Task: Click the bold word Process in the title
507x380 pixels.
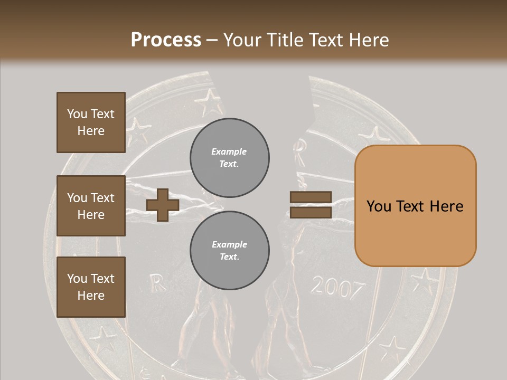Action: [166, 40]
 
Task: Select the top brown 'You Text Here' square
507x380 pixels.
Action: [91, 122]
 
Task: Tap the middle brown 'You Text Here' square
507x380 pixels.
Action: [91, 206]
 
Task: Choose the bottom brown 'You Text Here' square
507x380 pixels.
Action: [91, 287]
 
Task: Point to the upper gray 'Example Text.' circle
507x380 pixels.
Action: [230, 157]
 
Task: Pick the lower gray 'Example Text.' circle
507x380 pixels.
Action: [230, 250]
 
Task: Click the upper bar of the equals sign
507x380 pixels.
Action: [311, 197]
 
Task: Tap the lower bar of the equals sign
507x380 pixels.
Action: [311, 212]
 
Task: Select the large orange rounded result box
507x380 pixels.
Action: [415, 205]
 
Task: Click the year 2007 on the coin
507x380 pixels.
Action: [337, 288]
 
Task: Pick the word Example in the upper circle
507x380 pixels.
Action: [229, 151]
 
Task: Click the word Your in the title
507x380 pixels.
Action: [242, 40]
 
